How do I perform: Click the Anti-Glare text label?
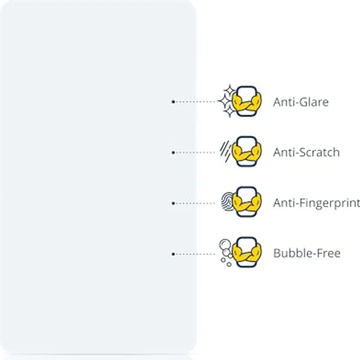301,102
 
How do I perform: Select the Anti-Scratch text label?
306,152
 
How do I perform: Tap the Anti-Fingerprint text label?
316,203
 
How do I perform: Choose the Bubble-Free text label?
307,253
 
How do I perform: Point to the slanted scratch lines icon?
225,151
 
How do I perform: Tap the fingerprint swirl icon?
227,202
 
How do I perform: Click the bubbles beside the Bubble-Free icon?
226,252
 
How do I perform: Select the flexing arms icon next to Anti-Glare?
247,101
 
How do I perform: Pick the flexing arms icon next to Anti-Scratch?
247,152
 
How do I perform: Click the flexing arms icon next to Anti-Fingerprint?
247,202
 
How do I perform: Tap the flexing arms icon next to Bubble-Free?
247,252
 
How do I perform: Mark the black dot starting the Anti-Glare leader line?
173,102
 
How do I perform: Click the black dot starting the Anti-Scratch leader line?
173,153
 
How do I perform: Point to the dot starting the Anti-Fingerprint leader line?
173,203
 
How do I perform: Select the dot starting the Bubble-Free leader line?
173,254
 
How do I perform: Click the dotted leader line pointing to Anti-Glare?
195,102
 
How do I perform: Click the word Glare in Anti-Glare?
314,102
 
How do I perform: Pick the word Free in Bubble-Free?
329,253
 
